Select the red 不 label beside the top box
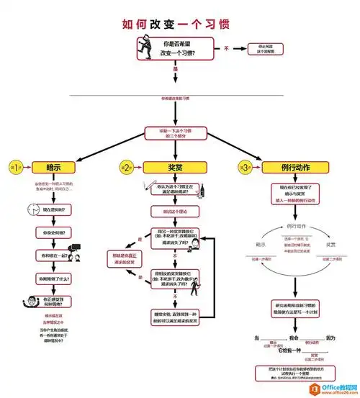pyautogui.click(x=225, y=48)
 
